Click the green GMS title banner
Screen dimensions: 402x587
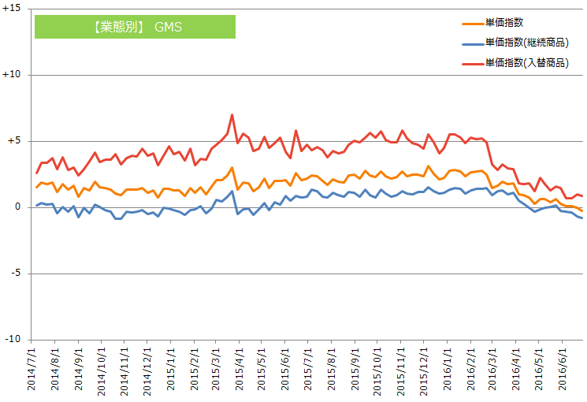[135, 27]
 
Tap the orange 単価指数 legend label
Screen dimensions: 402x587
[504, 23]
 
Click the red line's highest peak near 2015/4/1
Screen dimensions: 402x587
[232, 115]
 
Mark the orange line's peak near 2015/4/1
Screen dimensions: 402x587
[232, 167]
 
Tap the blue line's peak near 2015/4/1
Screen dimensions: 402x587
[232, 191]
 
